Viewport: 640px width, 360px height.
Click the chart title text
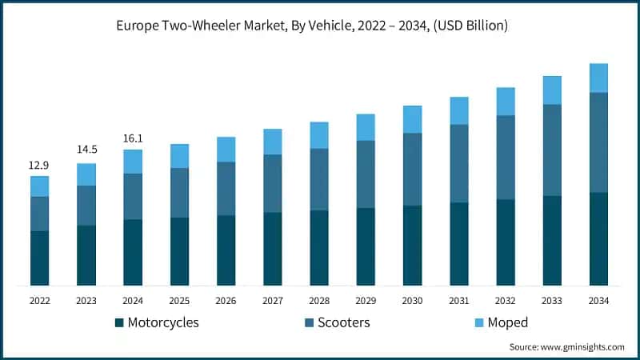[320, 26]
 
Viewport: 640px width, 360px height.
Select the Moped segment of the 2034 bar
[598, 78]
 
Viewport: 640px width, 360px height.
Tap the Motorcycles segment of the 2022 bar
[40, 258]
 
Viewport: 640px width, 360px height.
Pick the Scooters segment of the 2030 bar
[412, 169]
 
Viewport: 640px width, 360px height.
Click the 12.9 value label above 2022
[40, 165]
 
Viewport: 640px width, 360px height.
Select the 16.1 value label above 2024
[133, 138]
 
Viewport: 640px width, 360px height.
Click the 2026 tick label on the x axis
[226, 301]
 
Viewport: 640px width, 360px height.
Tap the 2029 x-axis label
[366, 301]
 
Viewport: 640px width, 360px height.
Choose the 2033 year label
[552, 301]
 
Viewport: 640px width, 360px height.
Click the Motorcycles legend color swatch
[120, 322]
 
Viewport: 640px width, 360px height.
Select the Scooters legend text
[344, 322]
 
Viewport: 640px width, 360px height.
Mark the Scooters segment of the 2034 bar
[598, 142]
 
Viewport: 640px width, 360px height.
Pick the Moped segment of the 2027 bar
[273, 142]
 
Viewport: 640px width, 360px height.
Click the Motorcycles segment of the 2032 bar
[506, 242]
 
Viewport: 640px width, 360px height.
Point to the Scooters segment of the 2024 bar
[133, 196]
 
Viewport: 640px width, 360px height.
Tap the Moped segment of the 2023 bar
[86, 174]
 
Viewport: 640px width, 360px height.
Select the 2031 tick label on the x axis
[458, 301]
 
